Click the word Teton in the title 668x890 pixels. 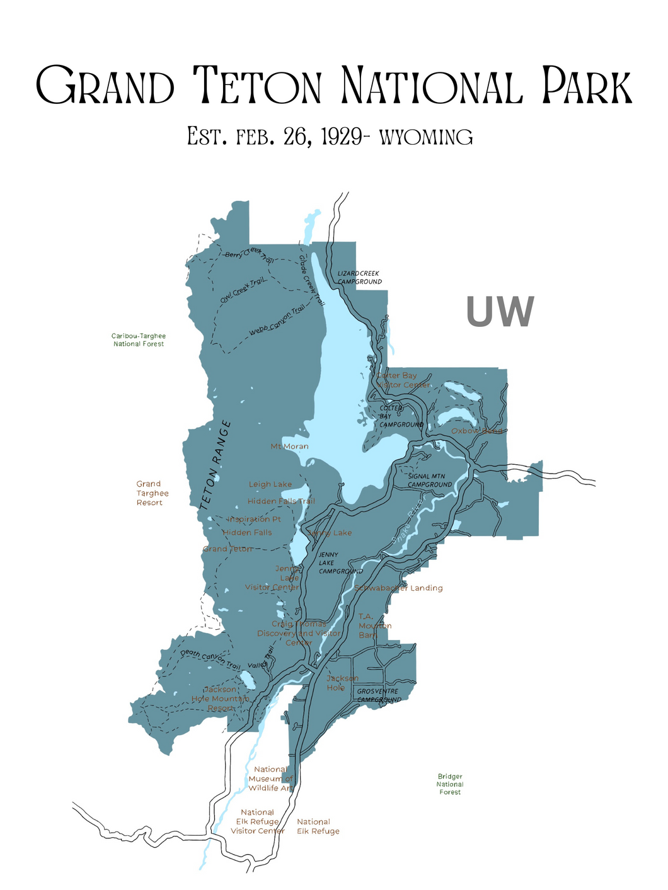(x=257, y=86)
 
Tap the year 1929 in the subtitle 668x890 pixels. (x=340, y=137)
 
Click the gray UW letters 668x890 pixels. (x=500, y=312)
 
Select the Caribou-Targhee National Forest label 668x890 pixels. (x=139, y=340)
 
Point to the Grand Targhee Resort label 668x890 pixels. (x=150, y=493)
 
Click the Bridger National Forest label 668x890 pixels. (x=450, y=784)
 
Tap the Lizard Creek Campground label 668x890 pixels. (x=359, y=278)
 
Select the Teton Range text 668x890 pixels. (x=215, y=465)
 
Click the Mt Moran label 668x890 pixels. (x=289, y=447)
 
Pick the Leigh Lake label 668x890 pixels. (x=270, y=484)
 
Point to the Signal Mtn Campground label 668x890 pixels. (x=429, y=481)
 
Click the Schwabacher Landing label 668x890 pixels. (x=399, y=588)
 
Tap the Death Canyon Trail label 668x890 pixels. (x=210, y=659)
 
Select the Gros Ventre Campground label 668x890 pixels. (x=378, y=695)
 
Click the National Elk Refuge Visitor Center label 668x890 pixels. (x=258, y=821)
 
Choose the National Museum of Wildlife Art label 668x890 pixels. (x=271, y=779)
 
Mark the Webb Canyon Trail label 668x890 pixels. (x=276, y=321)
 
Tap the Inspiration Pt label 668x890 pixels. (x=255, y=519)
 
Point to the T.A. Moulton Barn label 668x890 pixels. (x=374, y=625)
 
